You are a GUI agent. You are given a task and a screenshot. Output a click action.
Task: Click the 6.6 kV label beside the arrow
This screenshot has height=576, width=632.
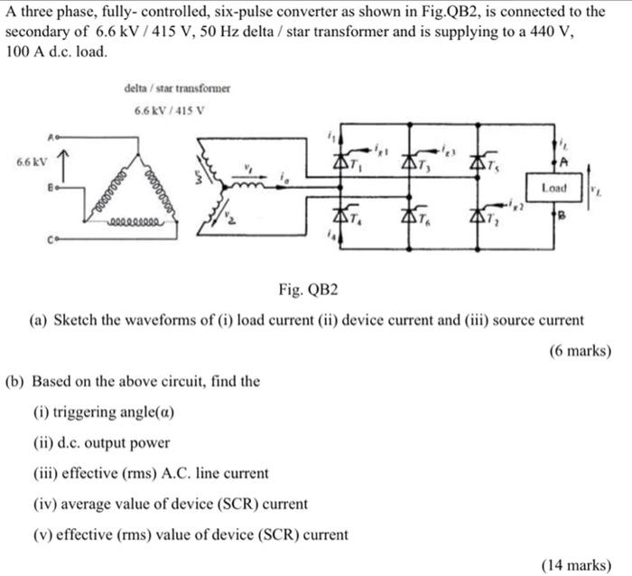[29, 163]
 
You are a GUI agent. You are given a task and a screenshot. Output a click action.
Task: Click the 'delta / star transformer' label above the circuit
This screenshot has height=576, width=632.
[178, 88]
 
